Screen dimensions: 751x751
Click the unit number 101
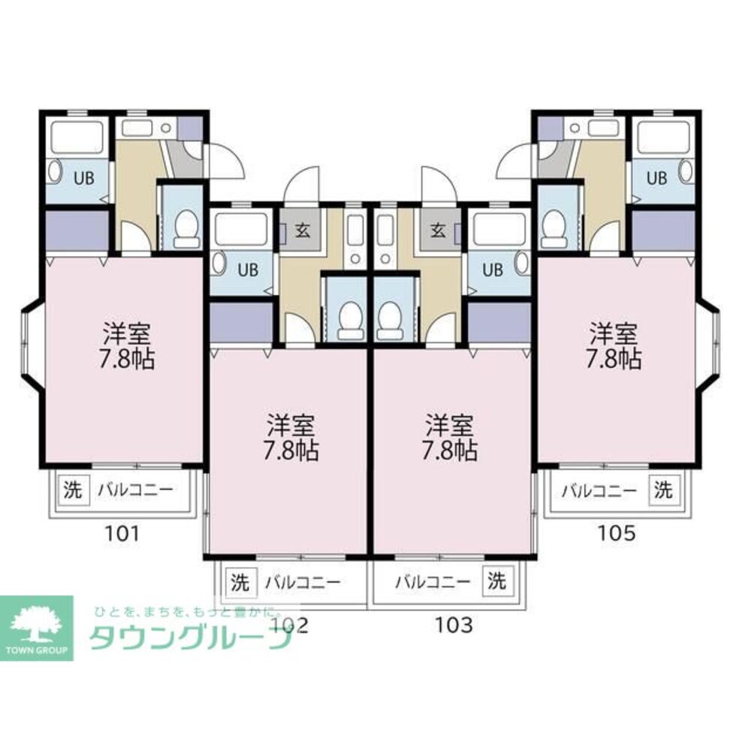coord(122,532)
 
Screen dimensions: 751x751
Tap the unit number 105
coord(617,532)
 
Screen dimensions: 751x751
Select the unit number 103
coord(454,625)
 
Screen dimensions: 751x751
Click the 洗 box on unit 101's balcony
coord(74,490)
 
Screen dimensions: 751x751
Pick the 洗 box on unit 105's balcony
coord(663,490)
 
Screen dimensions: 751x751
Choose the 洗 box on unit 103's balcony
coord(496,581)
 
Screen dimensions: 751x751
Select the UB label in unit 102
coord(248,270)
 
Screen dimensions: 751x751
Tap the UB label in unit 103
coord(493,270)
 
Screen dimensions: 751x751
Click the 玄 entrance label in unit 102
coord(302,231)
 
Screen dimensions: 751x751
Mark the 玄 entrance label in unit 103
coord(438,231)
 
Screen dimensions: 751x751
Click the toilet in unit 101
coord(186,228)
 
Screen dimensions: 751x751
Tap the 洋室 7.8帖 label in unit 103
coord(449,437)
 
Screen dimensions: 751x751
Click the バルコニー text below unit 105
coord(599,490)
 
